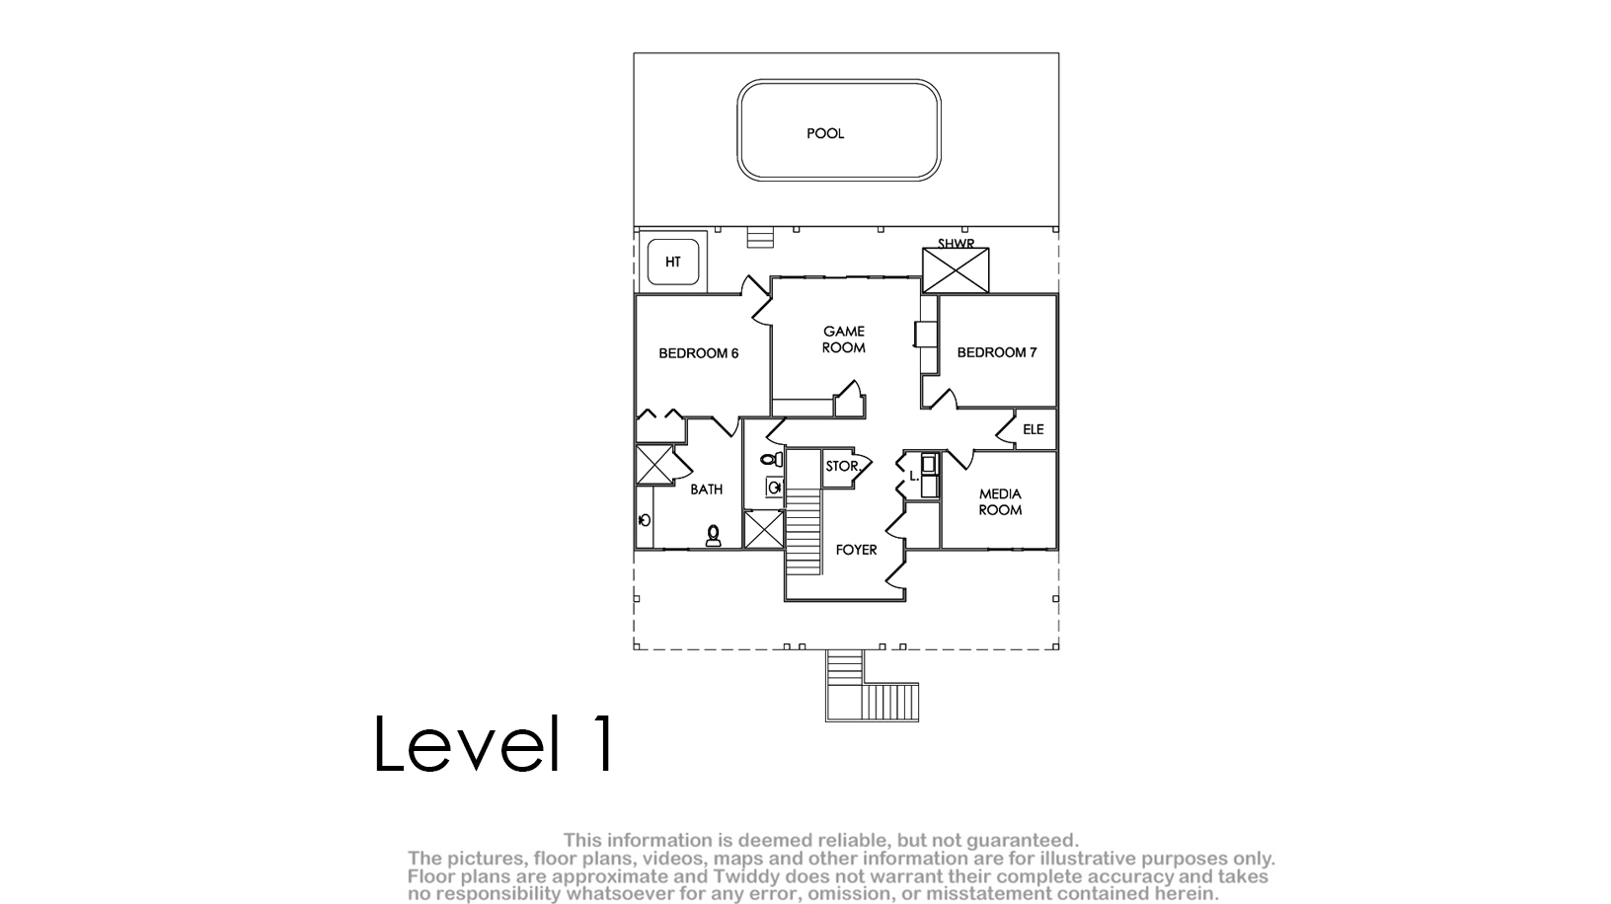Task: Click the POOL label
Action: [x=825, y=134]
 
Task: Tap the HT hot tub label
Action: [x=672, y=263]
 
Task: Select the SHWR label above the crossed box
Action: [x=956, y=244]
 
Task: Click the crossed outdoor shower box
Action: [x=956, y=270]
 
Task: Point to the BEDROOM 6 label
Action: [x=698, y=354]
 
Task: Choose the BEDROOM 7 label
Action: [x=997, y=353]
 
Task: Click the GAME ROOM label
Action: [x=844, y=339]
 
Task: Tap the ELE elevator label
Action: [x=1033, y=430]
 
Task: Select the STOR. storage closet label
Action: [x=842, y=467]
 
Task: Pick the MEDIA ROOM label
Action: [x=1000, y=502]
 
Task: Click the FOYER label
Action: [x=856, y=550]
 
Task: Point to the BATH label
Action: [x=706, y=490]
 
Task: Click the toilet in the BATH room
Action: [x=713, y=536]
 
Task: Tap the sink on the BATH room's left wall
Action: [x=645, y=519]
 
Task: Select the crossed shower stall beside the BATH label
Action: [x=653, y=465]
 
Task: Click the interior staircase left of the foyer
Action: [x=804, y=532]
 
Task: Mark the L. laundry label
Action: [x=914, y=476]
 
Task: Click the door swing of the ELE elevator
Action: [x=1006, y=429]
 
